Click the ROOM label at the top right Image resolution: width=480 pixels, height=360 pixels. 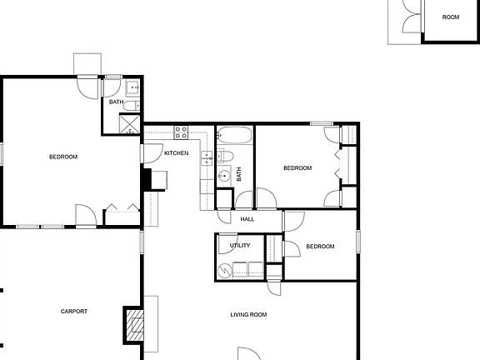click(x=451, y=17)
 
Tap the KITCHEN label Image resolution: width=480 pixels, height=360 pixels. click(x=176, y=153)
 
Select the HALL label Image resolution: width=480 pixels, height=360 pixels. click(x=247, y=219)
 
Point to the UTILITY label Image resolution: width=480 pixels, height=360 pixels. click(x=240, y=246)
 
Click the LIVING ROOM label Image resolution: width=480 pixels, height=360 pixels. click(x=248, y=314)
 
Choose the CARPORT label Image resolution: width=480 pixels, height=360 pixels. click(x=74, y=312)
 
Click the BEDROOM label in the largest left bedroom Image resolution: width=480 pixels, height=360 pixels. click(x=63, y=157)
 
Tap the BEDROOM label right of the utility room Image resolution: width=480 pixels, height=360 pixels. click(x=320, y=247)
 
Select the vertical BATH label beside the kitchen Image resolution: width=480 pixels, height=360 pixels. click(x=239, y=175)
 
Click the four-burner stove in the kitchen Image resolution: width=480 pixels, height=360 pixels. click(x=182, y=132)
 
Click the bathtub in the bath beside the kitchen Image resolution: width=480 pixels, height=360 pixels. click(x=235, y=135)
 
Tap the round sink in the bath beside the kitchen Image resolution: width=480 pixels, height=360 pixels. click(x=224, y=176)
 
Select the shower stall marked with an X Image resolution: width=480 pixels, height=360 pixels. click(x=130, y=124)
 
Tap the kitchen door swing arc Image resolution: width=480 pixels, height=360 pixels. click(x=152, y=152)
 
